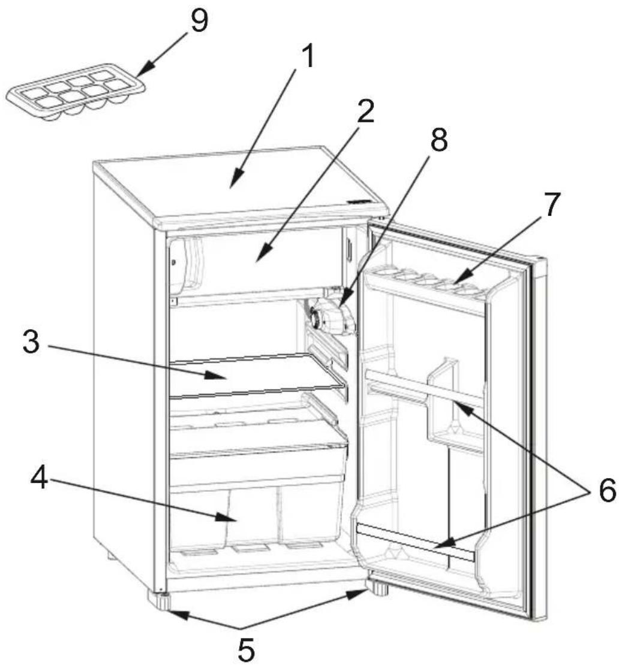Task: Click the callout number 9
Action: pyautogui.click(x=199, y=21)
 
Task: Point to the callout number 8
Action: pyautogui.click(x=438, y=140)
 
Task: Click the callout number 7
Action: pyautogui.click(x=551, y=204)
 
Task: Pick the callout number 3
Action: pyautogui.click(x=31, y=342)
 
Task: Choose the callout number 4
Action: pyautogui.click(x=39, y=478)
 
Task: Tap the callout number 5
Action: pyautogui.click(x=245, y=649)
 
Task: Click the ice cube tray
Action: pyautogui.click(x=75, y=92)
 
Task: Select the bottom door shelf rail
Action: pyautogui.click(x=416, y=542)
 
